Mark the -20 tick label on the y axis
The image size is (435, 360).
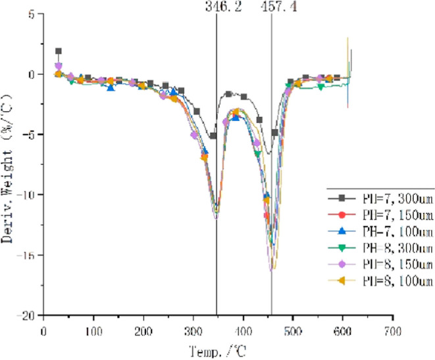[x=27, y=315]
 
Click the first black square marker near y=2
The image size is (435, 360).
[x=59, y=51]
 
